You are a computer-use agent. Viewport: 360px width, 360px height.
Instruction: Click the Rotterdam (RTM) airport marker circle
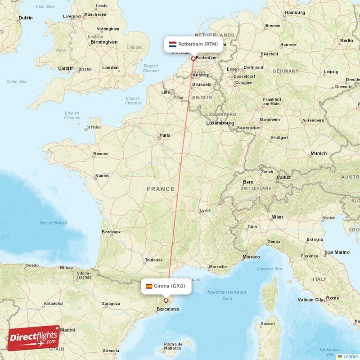point(193,58)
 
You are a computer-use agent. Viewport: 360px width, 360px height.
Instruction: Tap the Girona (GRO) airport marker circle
point(166,301)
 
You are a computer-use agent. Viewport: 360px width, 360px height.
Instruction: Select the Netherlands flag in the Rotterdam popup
point(172,44)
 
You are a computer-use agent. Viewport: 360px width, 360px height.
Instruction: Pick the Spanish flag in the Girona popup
point(148,286)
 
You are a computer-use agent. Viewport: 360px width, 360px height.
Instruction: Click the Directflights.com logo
point(34,338)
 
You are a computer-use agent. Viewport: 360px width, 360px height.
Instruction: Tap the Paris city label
point(164,135)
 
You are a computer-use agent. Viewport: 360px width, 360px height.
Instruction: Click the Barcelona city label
point(167,309)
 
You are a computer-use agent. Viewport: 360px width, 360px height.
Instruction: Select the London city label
point(110,67)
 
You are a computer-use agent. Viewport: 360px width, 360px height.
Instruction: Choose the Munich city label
point(319,153)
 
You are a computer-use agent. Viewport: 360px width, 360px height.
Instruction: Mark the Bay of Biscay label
point(53,223)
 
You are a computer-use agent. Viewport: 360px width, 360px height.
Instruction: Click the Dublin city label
point(26,18)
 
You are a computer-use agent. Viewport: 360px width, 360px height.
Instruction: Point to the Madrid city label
point(67,330)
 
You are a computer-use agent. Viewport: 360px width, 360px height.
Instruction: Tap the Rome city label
point(333,298)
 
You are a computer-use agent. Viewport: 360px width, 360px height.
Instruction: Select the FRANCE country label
point(160,189)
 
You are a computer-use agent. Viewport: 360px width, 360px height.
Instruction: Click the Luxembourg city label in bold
point(220,123)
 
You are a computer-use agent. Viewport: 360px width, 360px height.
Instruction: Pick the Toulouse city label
point(153,260)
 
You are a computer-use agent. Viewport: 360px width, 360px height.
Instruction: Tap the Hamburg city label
point(295,13)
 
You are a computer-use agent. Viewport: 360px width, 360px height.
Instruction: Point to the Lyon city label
point(205,210)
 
